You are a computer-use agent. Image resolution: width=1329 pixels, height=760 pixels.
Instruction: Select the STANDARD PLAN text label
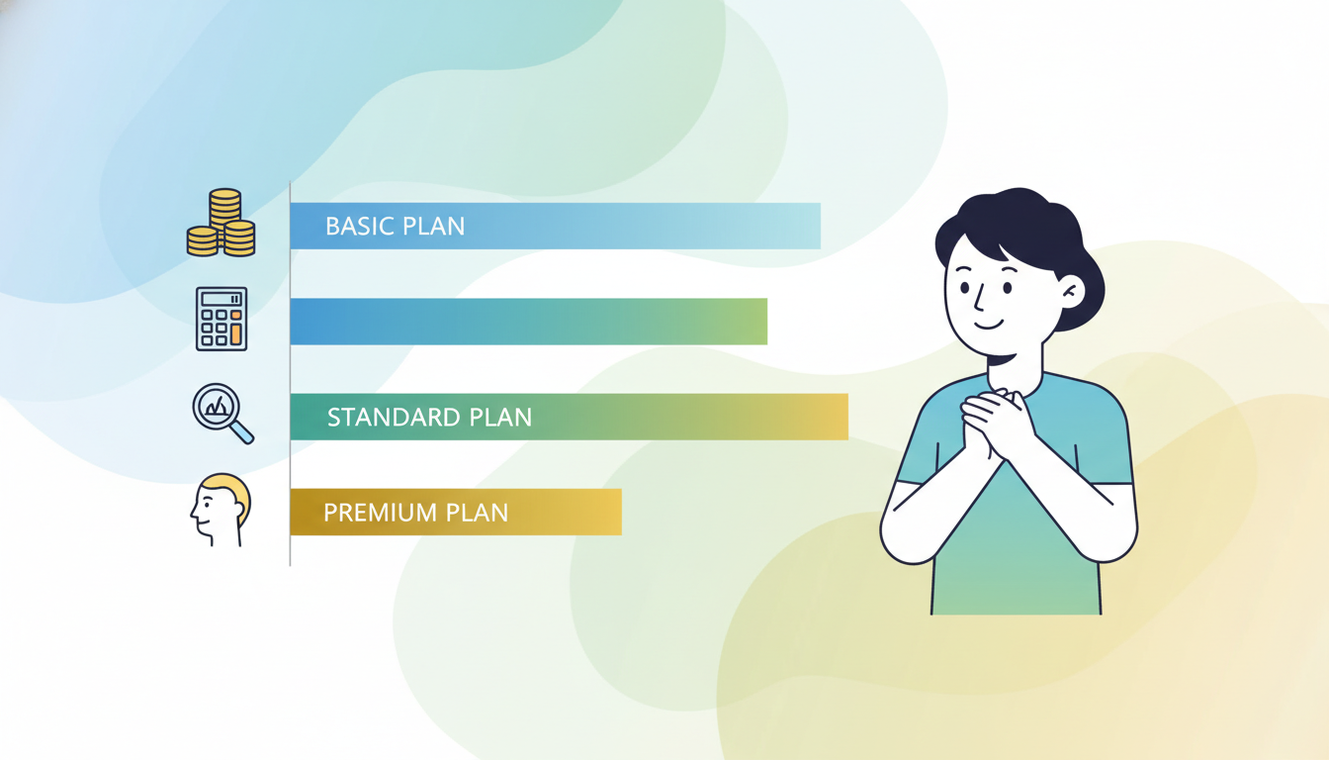point(429,418)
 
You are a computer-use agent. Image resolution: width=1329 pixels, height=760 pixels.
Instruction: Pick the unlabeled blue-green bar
point(529,322)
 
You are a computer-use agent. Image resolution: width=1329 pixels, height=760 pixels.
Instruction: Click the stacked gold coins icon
point(221,223)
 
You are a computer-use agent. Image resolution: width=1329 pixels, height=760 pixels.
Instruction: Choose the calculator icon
point(221,319)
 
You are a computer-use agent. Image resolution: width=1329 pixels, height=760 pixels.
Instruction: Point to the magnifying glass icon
point(223,414)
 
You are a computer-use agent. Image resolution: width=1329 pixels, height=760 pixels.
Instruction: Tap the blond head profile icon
point(221,510)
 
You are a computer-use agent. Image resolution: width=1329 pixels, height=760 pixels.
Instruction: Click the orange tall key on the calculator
point(236,334)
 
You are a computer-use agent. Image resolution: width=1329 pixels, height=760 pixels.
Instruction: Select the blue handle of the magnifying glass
point(242,432)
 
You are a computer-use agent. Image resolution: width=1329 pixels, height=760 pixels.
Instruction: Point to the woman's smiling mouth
point(989,325)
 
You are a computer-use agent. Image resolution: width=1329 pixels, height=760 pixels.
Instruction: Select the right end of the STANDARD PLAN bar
point(847,417)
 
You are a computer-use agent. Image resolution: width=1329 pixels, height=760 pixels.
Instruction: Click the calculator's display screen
point(221,299)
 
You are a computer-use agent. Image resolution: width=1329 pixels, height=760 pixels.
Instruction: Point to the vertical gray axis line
point(290,373)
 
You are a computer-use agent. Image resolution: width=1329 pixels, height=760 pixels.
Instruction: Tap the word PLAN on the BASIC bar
point(434,227)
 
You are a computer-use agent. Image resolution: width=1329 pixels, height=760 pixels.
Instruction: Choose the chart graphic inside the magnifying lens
point(218,407)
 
